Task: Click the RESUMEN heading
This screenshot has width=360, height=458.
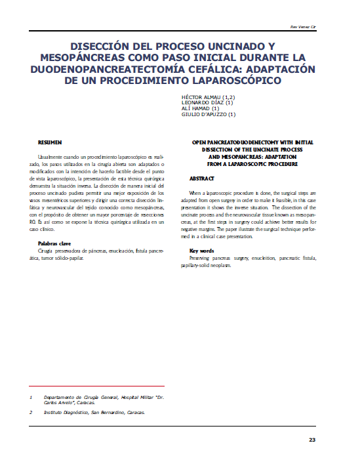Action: pos(50,142)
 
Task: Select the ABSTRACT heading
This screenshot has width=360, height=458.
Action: pos(202,178)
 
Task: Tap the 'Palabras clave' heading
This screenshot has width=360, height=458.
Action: pos(54,243)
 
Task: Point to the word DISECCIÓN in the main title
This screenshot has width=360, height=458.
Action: pos(106,47)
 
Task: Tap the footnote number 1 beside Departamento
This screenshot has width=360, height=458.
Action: pos(30,398)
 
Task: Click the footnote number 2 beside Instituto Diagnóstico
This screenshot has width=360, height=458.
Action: pos(30,413)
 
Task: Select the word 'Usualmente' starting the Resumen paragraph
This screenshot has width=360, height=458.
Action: pos(50,159)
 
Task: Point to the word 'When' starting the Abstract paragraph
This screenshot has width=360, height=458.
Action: pos(195,194)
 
